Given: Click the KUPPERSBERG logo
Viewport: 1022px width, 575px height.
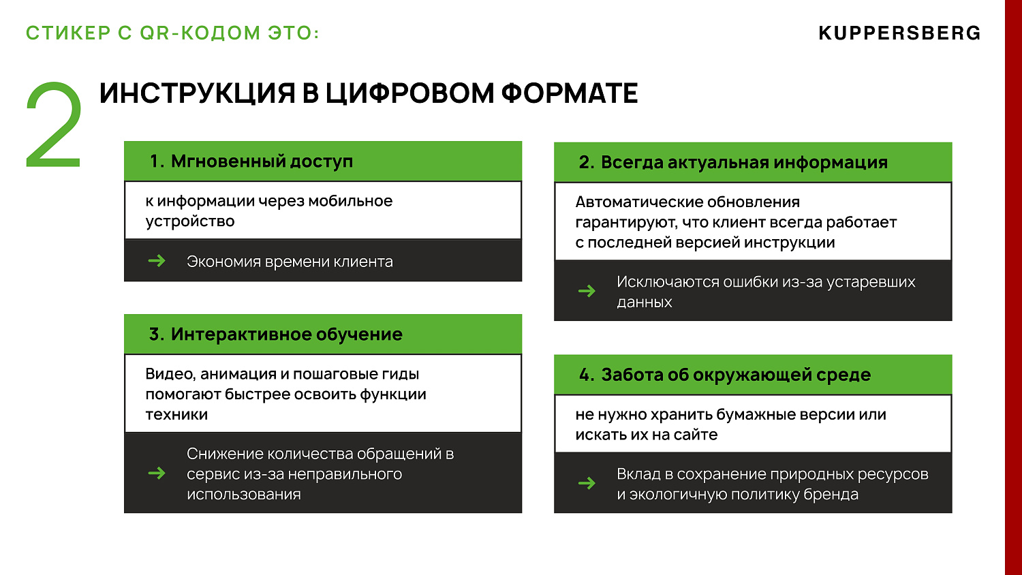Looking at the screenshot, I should pyautogui.click(x=899, y=33).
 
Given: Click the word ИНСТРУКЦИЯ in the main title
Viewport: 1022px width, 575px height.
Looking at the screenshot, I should pyautogui.click(x=197, y=94).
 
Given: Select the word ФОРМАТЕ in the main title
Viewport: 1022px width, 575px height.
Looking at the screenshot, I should pyautogui.click(x=570, y=94).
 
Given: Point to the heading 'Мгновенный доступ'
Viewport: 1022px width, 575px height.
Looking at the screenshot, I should pyautogui.click(x=262, y=161).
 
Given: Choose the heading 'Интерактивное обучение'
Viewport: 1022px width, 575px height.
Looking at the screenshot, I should pyautogui.click(x=286, y=335).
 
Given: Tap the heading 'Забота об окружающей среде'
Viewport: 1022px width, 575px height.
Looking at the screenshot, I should pyautogui.click(x=736, y=375).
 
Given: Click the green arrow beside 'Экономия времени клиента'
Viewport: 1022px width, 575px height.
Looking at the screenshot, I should pyautogui.click(x=157, y=261).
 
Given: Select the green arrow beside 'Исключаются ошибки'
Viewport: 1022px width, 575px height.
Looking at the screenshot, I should pyautogui.click(x=587, y=292).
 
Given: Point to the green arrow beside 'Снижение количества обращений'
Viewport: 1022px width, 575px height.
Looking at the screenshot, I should pyautogui.click(x=157, y=473).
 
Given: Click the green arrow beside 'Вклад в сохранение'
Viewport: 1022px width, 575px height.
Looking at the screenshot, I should pyautogui.click(x=587, y=484).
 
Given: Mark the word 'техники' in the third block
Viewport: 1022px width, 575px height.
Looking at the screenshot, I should pyautogui.click(x=176, y=415).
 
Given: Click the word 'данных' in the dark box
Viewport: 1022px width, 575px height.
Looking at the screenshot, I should pyautogui.click(x=644, y=302).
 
